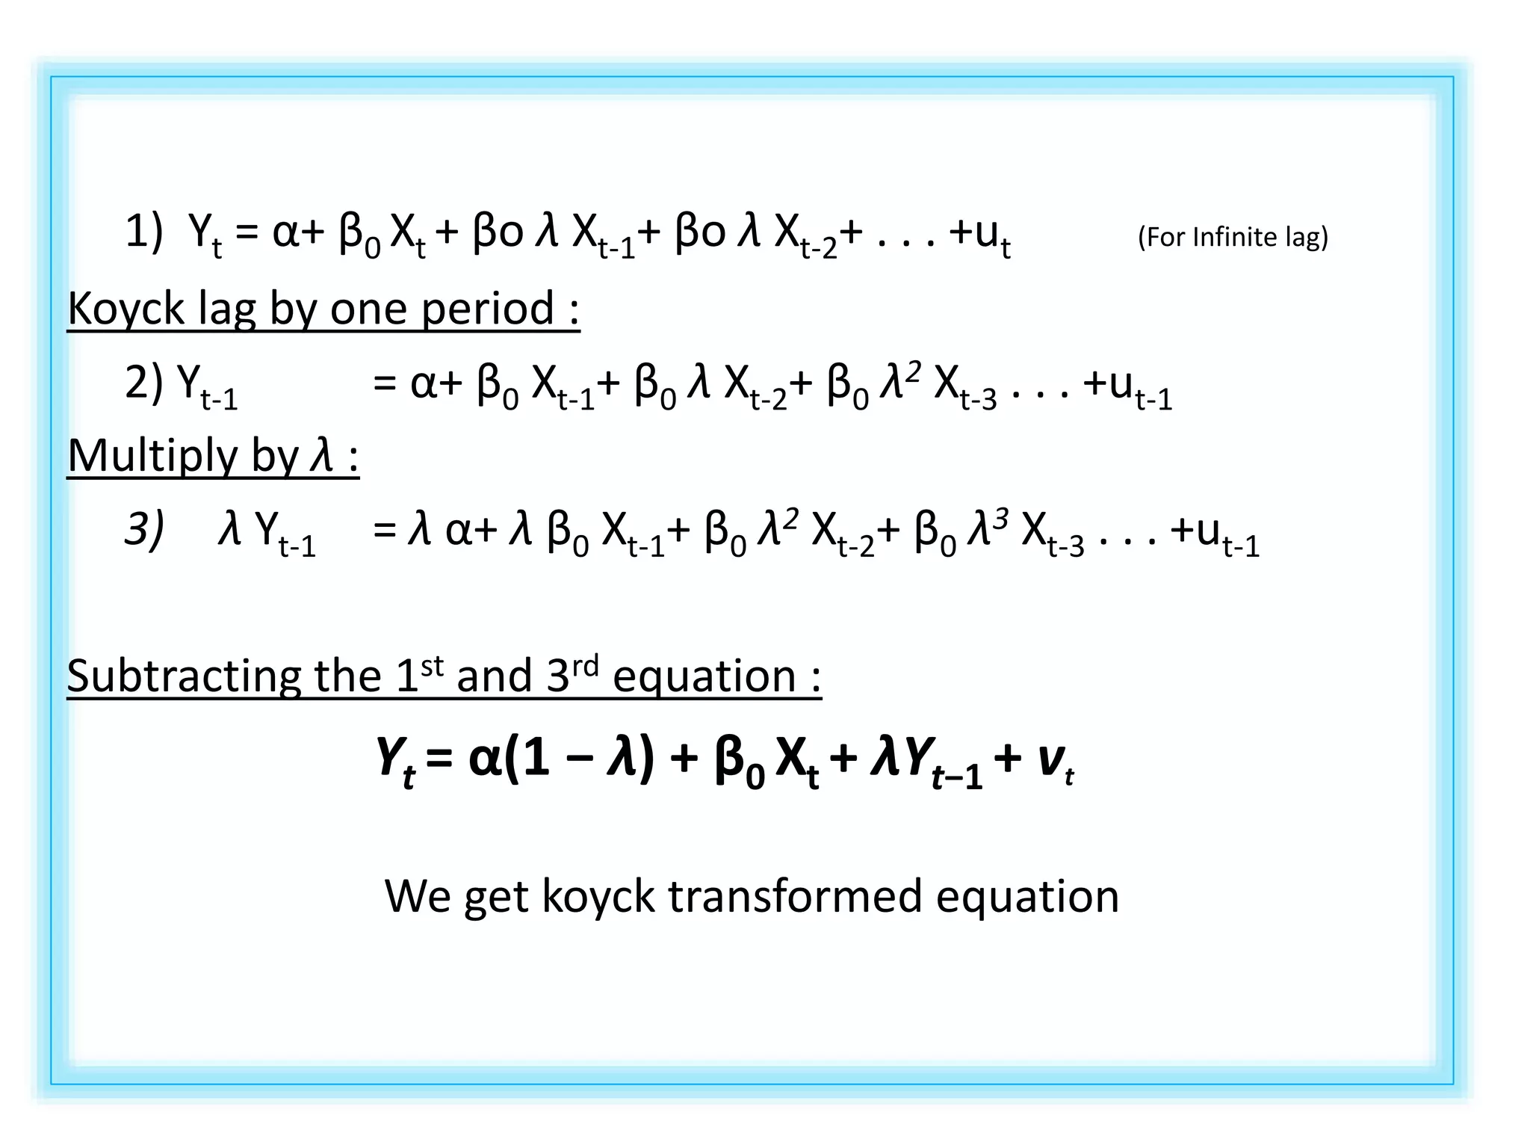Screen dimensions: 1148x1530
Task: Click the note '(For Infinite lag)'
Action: tap(1233, 237)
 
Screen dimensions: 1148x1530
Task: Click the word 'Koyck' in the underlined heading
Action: tap(126, 309)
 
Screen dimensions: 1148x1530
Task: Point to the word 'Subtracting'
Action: tap(184, 676)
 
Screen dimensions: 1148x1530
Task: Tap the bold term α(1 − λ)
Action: tap(561, 759)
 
